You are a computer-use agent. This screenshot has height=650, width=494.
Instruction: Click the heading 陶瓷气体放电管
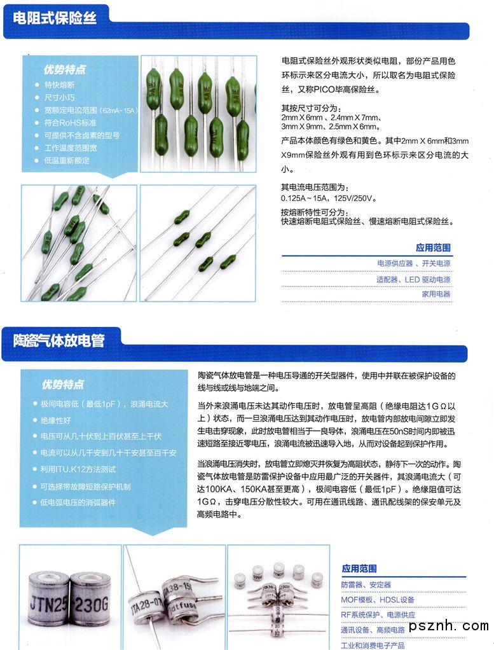59,340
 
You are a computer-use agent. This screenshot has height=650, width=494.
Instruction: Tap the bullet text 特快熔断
59,85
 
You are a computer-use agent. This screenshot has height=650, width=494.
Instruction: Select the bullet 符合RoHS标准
70,123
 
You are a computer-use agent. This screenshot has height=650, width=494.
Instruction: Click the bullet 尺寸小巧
59,98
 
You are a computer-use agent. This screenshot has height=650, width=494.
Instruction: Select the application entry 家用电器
436,294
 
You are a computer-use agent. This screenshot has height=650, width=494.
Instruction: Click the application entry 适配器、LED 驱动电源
413,279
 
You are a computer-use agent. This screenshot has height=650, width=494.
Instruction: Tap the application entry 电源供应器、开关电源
413,263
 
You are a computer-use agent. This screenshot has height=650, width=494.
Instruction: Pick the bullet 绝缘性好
56,420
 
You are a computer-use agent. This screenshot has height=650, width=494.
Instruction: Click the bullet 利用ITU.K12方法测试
78,469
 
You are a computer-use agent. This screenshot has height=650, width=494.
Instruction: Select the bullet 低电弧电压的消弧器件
78,502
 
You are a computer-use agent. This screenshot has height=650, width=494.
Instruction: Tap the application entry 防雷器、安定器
366,584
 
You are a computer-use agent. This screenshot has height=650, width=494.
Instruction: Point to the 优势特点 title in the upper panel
64,69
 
